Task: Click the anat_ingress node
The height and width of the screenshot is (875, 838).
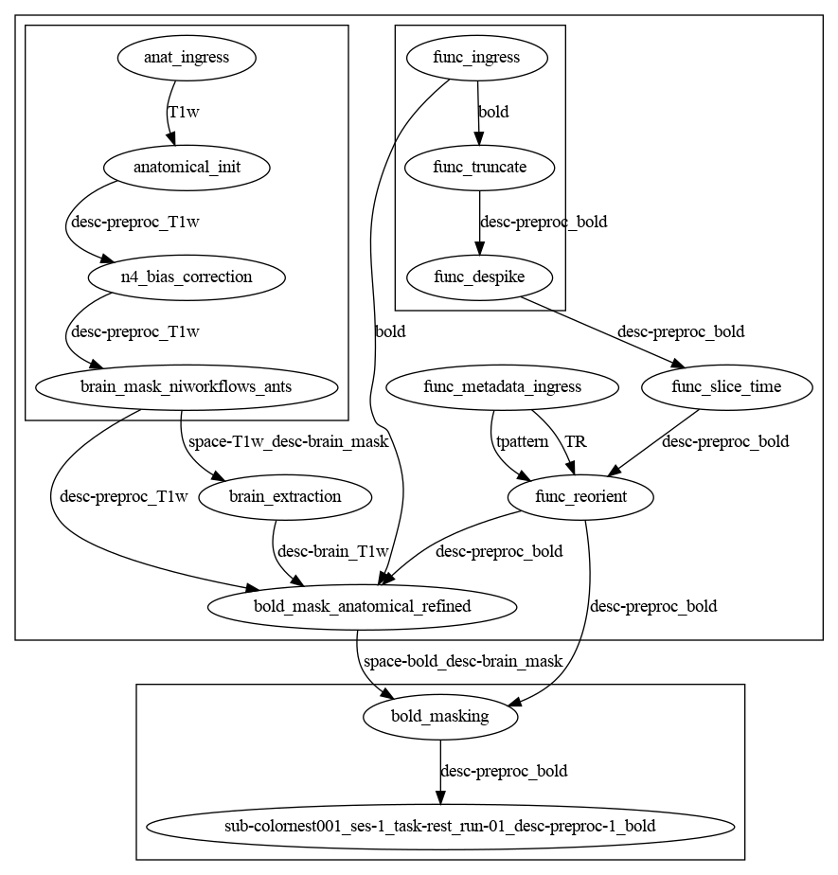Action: tap(187, 58)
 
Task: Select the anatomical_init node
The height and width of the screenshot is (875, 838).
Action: tap(187, 168)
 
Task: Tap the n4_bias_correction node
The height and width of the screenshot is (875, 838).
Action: tap(187, 277)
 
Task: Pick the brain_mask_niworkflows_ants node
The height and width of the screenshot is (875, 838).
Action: tap(187, 387)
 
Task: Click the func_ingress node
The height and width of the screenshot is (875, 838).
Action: tap(476, 58)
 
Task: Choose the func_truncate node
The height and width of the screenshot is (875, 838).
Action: tap(479, 168)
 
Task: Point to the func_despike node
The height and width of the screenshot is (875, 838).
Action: tap(479, 277)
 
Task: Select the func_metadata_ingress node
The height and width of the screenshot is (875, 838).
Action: tap(502, 387)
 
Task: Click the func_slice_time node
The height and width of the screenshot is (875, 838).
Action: tap(726, 387)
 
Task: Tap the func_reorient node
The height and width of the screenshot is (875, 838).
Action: tap(580, 497)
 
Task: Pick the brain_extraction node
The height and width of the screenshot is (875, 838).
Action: tap(284, 497)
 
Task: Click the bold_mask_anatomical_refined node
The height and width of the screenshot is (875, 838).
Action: tap(362, 607)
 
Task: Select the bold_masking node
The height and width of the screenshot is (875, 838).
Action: tap(440, 717)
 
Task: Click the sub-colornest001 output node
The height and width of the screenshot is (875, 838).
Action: tap(440, 827)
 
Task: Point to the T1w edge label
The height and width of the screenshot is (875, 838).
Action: tap(184, 113)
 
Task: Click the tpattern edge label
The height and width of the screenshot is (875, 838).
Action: tap(523, 442)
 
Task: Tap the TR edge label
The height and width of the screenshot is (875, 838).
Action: tap(576, 442)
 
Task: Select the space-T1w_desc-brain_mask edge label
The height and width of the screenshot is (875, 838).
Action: tap(288, 442)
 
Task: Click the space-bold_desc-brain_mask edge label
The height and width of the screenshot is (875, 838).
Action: tap(463, 662)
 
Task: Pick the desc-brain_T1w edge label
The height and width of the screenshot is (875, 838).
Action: tap(332, 552)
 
